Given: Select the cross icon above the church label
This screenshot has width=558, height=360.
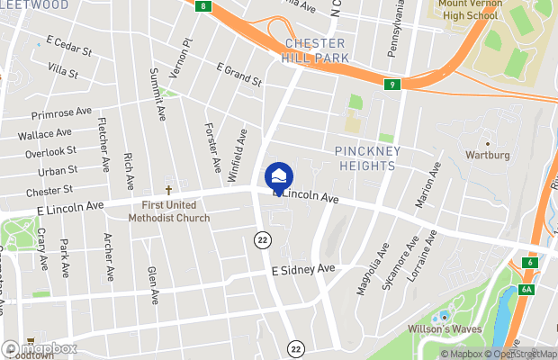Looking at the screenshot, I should pyautogui.click(x=168, y=191).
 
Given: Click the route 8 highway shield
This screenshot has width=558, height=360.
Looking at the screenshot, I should pyautogui.click(x=204, y=6).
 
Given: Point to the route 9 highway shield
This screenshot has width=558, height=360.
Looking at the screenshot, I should pyautogui.click(x=391, y=85).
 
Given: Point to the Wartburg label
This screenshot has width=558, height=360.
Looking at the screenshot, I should pyautogui.click(x=487, y=155).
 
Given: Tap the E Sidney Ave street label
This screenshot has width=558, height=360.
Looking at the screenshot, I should pyautogui.click(x=303, y=270).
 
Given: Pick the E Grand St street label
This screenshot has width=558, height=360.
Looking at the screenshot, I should pyautogui.click(x=238, y=76).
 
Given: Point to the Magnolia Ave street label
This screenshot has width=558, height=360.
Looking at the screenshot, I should pyautogui.click(x=372, y=266).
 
